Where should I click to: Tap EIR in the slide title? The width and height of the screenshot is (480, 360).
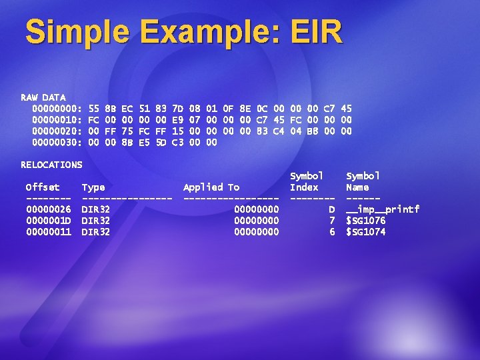312,31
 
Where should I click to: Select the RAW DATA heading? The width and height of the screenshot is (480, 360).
43,97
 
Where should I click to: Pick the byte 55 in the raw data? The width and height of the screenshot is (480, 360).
93,108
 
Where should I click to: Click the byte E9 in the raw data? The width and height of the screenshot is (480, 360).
177,119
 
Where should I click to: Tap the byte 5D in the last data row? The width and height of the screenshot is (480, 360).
161,142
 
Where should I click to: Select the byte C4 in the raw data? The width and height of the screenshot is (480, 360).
278,131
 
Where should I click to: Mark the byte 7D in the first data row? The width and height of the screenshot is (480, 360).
177,108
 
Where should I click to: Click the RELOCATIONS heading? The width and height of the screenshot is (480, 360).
51,165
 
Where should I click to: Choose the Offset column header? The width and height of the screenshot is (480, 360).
43,187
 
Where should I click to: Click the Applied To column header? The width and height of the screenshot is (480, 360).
211,187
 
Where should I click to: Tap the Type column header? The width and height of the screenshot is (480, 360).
93,187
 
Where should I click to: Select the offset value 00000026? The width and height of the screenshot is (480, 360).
48,209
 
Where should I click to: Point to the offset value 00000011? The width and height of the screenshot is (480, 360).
48,232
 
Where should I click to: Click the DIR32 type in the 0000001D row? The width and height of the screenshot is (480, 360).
95,221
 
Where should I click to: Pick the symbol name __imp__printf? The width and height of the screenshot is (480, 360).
382,209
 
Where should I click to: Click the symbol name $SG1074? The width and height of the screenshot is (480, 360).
365,232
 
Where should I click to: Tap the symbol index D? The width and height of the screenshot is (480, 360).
331,209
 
